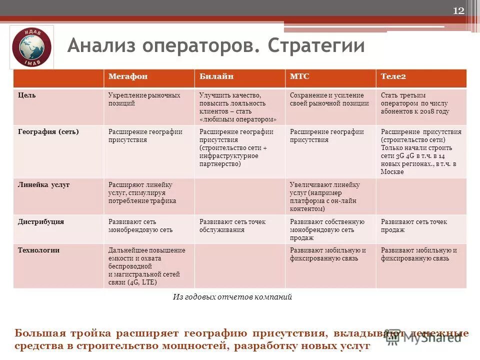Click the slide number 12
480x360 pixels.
458,11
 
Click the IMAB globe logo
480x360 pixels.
31,47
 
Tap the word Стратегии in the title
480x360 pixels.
316,46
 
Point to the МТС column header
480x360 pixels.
299,76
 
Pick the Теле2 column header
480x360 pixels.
393,76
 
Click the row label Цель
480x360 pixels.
27,95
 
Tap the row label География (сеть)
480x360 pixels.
48,131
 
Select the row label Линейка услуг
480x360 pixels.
43,185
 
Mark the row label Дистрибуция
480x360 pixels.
41,221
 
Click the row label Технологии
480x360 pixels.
39,250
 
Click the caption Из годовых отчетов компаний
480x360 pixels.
232,297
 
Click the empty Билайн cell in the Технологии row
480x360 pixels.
239,266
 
